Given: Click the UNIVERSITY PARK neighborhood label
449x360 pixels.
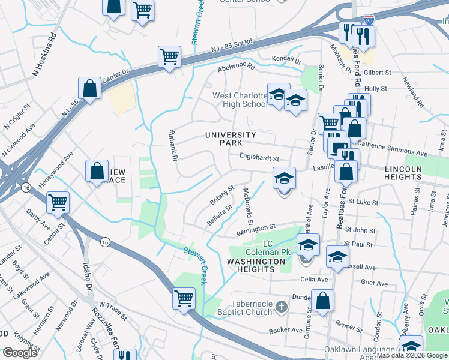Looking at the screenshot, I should (231, 139).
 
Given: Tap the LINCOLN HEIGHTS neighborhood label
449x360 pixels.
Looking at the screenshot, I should (411, 173).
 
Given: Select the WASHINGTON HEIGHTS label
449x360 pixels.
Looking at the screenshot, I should (257, 265).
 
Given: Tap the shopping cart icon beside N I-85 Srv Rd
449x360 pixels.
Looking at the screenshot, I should (170, 57).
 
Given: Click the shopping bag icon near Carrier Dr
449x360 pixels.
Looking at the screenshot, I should (89, 88).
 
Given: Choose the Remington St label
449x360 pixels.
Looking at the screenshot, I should (255, 229).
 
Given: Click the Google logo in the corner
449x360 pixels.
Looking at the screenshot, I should (20, 353).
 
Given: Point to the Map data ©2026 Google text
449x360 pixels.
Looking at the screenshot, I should (412, 355).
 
